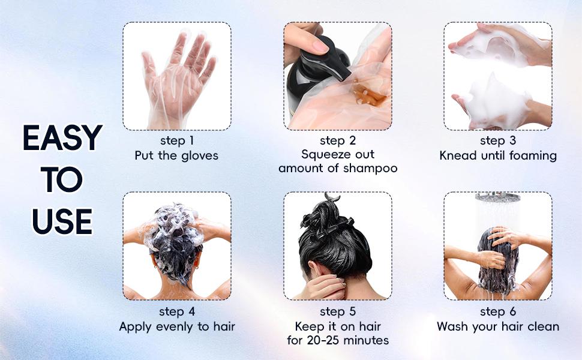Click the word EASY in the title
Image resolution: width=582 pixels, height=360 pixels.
click(62, 138)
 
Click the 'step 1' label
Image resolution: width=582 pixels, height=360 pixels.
click(177, 141)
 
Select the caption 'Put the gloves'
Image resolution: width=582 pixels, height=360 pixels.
click(177, 156)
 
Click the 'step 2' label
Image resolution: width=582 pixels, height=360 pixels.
click(338, 141)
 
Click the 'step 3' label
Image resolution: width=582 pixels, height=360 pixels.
click(498, 141)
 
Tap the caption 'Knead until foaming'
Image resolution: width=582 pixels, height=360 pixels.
click(498, 156)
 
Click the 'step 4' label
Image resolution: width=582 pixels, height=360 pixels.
click(177, 312)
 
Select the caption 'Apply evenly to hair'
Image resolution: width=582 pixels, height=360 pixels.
click(177, 327)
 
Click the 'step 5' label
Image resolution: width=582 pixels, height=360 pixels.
click(338, 312)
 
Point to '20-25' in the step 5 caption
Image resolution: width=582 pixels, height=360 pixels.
click(332, 341)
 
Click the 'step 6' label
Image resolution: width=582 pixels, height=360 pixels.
click(498, 312)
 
